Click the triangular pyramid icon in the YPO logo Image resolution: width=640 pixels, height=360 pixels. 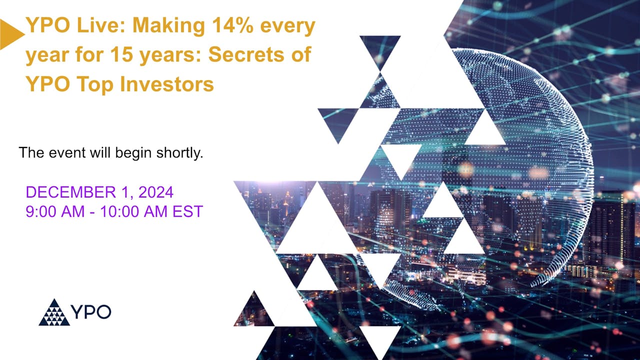pyautogui.click(x=54, y=312)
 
